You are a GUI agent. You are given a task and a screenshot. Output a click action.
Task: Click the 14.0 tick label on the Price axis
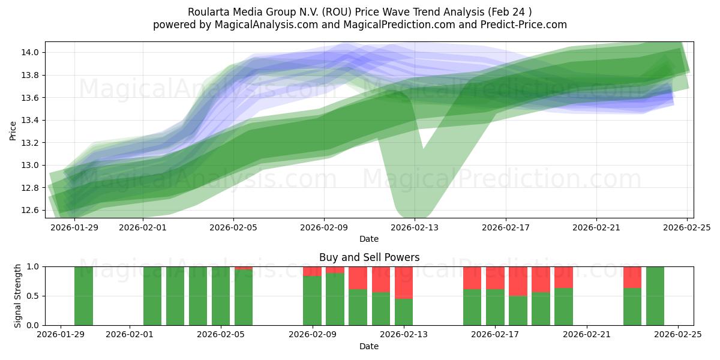pyautogui.click(x=31, y=53)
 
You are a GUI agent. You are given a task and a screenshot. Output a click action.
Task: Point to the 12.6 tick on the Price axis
pyautogui.click(x=31, y=211)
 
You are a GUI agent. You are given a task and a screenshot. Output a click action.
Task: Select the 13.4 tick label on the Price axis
pyautogui.click(x=31, y=121)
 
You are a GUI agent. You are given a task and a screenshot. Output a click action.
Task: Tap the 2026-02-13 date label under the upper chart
pyautogui.click(x=415, y=227)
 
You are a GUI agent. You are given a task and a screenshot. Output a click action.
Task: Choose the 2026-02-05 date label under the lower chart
pyautogui.click(x=221, y=335)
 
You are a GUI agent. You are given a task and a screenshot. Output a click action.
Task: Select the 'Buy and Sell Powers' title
pyautogui.click(x=369, y=257)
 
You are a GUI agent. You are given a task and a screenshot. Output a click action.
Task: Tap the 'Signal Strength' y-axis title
pyautogui.click(x=18, y=296)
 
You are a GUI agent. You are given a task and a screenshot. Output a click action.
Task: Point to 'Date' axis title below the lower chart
pyautogui.click(x=369, y=346)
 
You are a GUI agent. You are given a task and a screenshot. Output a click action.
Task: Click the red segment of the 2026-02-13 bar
pyautogui.click(x=404, y=282)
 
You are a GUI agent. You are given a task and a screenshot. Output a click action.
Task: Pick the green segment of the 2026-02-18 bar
pyautogui.click(x=518, y=310)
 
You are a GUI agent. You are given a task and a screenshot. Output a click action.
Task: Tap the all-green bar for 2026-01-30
pyautogui.click(x=84, y=296)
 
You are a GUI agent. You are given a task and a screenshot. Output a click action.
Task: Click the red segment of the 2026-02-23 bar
pyautogui.click(x=632, y=277)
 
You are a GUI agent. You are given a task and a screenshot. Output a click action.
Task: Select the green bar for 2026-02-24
pyautogui.click(x=655, y=296)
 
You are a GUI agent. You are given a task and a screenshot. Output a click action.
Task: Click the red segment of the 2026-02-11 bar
pyautogui.click(x=358, y=278)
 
